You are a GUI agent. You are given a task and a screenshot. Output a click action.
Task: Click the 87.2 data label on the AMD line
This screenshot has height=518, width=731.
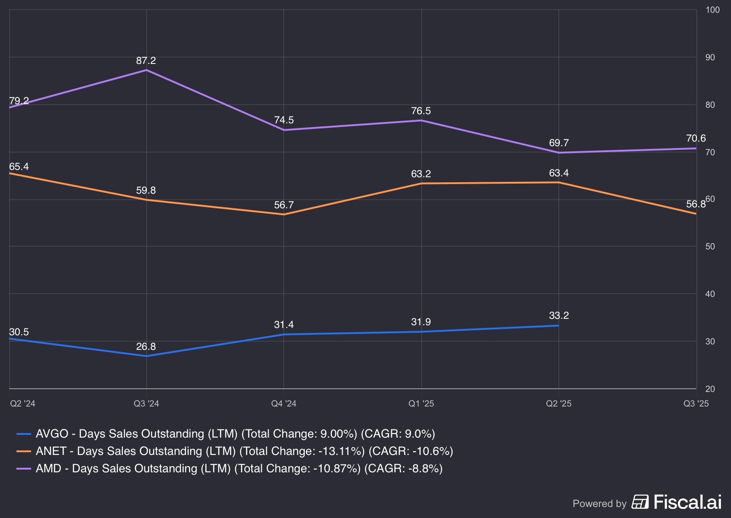[146, 61]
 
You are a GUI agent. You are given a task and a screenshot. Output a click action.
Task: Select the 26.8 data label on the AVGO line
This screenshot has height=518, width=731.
[146, 347]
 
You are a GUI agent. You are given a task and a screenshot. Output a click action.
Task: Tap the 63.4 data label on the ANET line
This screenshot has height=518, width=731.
[559, 173]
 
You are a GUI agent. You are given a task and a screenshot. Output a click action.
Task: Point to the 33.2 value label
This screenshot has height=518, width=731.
[559, 316]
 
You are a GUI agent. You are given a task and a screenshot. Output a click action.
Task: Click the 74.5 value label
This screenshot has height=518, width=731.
[284, 120]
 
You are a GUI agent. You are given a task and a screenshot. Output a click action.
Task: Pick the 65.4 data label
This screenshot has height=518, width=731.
[19, 167]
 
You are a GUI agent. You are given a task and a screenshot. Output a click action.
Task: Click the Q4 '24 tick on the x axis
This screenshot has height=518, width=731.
[284, 403]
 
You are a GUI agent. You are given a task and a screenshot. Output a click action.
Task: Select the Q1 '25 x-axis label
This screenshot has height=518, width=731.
[421, 403]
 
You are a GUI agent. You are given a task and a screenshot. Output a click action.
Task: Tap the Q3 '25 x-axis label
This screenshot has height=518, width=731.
[696, 403]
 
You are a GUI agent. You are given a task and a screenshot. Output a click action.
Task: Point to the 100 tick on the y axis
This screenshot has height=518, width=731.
[712, 10]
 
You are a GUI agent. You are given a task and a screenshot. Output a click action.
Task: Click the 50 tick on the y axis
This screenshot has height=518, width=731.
[710, 247]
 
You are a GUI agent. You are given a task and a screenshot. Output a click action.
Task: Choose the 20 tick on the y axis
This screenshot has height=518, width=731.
[710, 389]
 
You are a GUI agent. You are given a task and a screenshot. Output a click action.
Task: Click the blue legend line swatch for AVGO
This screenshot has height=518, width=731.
[24, 434]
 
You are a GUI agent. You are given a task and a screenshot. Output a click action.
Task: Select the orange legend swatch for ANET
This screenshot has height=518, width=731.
[24, 451]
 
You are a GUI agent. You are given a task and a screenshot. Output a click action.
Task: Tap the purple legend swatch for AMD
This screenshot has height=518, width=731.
[24, 469]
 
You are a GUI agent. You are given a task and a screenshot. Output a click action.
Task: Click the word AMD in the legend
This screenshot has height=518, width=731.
[48, 469]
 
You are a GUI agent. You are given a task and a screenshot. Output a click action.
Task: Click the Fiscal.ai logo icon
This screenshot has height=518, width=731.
[640, 502]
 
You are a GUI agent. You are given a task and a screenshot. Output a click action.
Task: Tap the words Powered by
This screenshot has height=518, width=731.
[599, 503]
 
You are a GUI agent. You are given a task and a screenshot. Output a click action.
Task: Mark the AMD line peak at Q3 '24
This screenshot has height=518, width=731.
[146, 70]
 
